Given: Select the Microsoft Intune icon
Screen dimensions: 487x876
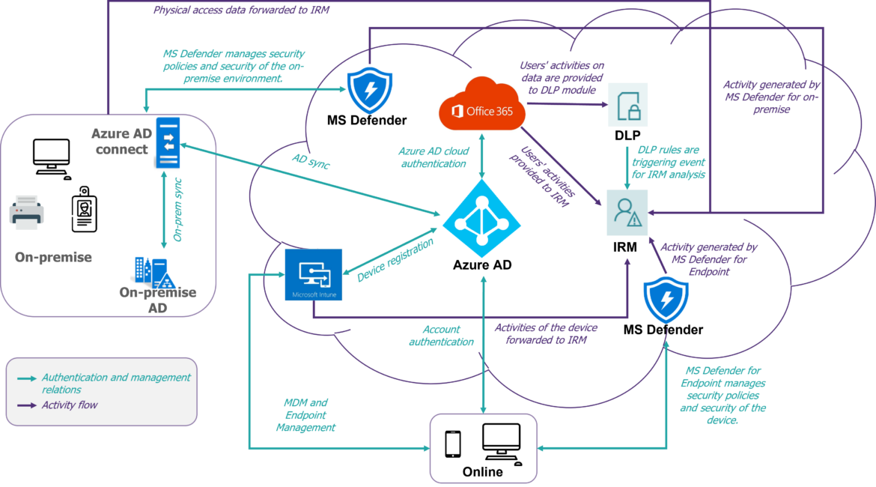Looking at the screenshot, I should [314, 274].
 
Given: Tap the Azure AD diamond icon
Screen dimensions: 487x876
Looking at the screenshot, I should [481, 219].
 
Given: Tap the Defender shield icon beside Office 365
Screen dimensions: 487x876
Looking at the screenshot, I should [370, 89].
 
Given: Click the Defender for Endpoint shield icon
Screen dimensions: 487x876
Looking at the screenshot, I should [666, 298].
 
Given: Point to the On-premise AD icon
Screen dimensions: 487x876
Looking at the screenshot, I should [154, 273].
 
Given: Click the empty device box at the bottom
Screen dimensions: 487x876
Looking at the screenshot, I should [483, 447].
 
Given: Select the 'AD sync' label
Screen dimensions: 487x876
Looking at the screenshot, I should [310, 162].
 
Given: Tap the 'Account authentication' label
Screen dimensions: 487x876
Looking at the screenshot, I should [441, 335].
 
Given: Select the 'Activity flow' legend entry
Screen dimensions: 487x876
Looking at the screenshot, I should [70, 405].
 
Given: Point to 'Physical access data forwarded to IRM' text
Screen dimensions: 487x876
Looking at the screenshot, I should [240, 10].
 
